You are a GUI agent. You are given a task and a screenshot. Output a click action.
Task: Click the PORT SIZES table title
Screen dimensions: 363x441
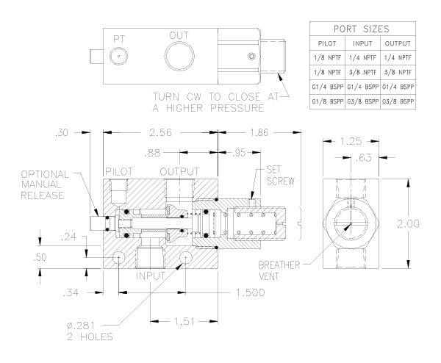(365, 31)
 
